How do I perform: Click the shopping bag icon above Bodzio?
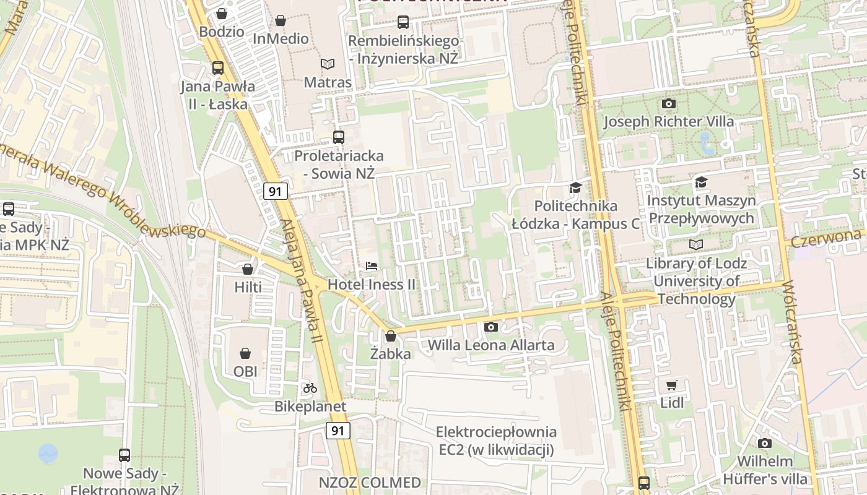tap(222, 14)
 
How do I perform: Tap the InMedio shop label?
tap(281, 38)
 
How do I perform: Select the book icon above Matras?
tap(328, 64)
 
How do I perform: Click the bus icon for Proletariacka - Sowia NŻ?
tap(339, 137)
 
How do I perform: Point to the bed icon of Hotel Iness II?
tap(372, 266)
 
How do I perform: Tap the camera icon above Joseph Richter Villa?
tap(669, 103)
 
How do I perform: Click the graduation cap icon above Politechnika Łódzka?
tap(576, 187)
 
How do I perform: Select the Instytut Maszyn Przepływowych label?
tap(701, 209)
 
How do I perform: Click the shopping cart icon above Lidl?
tap(672, 385)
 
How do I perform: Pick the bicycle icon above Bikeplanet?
tap(310, 388)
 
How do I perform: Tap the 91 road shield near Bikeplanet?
tap(338, 431)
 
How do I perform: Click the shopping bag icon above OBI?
tap(246, 353)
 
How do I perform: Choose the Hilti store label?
tap(248, 287)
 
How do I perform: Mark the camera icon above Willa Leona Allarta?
tap(491, 327)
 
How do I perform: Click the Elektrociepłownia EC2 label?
tap(496, 441)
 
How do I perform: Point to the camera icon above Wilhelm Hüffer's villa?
tap(765, 443)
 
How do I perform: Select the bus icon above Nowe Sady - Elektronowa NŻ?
tap(124, 455)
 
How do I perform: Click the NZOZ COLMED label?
tap(370, 483)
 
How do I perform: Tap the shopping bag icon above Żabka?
tap(391, 336)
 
